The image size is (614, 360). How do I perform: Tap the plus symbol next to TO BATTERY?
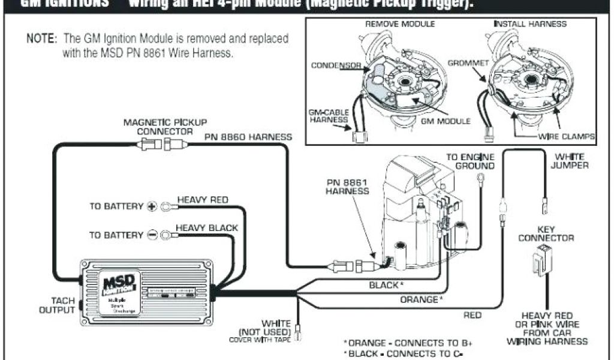152,206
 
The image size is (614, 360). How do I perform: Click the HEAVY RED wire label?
202,200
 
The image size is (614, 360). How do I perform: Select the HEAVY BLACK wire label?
206,228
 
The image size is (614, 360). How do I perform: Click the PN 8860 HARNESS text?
248,137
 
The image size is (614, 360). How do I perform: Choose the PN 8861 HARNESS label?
348,186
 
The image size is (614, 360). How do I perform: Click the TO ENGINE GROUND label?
470,161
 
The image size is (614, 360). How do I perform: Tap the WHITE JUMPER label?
570,161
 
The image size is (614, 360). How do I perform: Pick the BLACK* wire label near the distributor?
386,284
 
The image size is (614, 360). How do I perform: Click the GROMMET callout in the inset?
469,62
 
